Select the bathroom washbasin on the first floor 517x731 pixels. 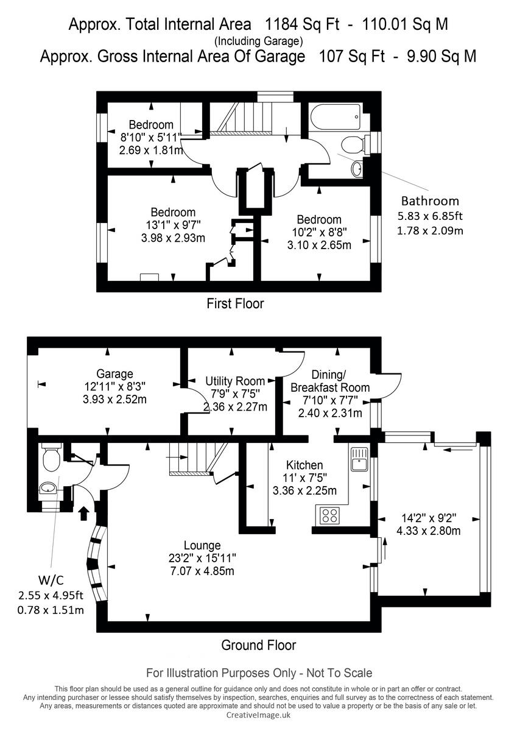[357, 168]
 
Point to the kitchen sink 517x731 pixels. [359, 458]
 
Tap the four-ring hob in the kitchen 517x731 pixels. [329, 515]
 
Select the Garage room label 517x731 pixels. [114, 373]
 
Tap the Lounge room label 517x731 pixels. [202, 545]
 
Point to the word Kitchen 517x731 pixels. [303, 465]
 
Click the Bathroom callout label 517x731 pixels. [430, 201]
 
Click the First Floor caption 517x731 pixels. [235, 303]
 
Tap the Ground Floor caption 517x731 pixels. [258, 645]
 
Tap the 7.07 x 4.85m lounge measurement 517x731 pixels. [202, 571]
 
